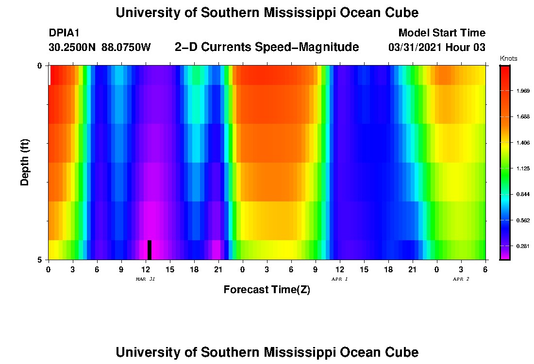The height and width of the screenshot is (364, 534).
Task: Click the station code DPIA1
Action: tap(64, 33)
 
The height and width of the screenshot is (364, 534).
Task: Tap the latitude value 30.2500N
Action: tap(73, 48)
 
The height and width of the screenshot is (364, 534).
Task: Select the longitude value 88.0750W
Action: tap(126, 48)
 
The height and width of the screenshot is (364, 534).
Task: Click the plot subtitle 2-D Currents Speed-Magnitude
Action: tap(267, 47)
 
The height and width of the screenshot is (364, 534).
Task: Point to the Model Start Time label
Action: tap(441, 33)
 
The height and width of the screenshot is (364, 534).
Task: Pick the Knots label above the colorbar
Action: tap(508, 59)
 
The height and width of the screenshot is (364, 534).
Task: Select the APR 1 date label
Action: tap(339, 279)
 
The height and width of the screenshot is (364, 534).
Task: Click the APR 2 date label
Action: tap(461, 279)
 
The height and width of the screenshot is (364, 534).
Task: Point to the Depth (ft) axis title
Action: tap(25, 162)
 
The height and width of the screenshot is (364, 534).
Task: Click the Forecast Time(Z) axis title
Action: tap(267, 290)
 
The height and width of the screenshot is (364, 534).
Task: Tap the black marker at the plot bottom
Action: tap(150, 250)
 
